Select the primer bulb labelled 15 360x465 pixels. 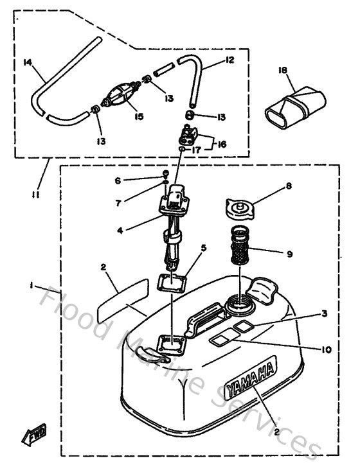point(120,97)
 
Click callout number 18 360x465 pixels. point(282,70)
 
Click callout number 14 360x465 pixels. point(26,62)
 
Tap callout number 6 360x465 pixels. point(118,181)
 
